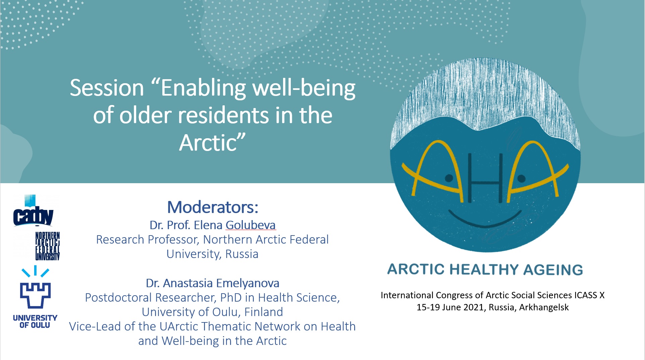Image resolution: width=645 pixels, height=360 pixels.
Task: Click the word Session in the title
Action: coord(107,88)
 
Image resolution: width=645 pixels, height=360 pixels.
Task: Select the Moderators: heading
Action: coord(213,207)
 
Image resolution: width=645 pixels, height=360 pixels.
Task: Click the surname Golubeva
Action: coord(251,225)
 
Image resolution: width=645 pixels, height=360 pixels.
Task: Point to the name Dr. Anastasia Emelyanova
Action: coord(212,283)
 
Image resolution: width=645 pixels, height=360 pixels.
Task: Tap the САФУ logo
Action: coord(33,215)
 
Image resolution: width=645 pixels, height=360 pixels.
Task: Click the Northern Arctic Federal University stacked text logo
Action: coord(47,246)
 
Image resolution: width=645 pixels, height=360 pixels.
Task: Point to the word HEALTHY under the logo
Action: coord(484,270)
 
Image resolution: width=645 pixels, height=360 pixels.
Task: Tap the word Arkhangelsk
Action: coord(544,307)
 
